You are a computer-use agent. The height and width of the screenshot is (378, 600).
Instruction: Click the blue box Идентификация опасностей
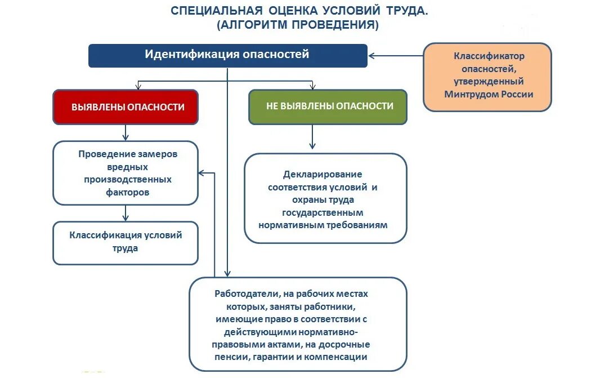coord(227,55)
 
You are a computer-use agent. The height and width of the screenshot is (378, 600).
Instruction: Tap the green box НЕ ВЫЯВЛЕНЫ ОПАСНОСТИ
coord(328,106)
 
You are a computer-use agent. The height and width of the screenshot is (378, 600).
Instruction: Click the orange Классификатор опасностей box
coord(487,77)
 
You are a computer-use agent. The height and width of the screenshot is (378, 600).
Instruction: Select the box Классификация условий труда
coord(125,242)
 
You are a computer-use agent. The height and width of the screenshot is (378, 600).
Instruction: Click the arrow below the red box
coord(126,132)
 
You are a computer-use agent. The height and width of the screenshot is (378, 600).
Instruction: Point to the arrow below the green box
coord(312,137)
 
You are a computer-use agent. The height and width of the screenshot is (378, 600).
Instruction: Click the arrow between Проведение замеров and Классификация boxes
coord(126,213)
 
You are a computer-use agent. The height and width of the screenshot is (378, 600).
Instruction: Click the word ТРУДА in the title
coord(406,11)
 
